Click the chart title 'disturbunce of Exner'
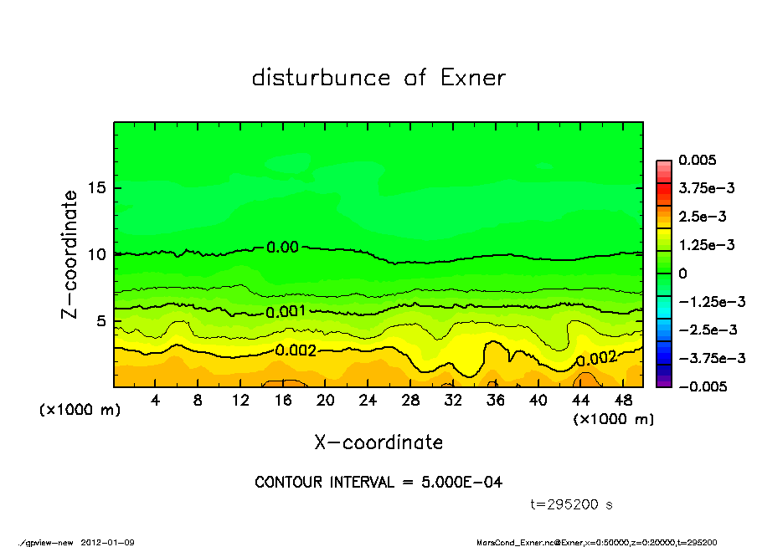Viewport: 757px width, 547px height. tap(378, 79)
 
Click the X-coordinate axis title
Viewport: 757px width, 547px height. tap(378, 442)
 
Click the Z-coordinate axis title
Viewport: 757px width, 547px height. tap(70, 254)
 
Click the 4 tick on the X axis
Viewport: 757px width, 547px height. tap(156, 401)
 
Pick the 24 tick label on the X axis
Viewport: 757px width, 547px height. tap(368, 401)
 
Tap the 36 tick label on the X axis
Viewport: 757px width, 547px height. tap(495, 401)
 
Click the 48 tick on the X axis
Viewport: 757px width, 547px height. tap(622, 401)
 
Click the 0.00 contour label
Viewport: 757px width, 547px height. tap(282, 247)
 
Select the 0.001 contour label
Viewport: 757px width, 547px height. tap(285, 312)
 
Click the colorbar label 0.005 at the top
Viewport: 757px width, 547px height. tap(699, 160)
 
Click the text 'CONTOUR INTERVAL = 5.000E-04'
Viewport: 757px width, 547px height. tap(378, 483)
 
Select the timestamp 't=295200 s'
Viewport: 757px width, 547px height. tap(573, 504)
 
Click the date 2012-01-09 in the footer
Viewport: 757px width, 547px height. tap(108, 542)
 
